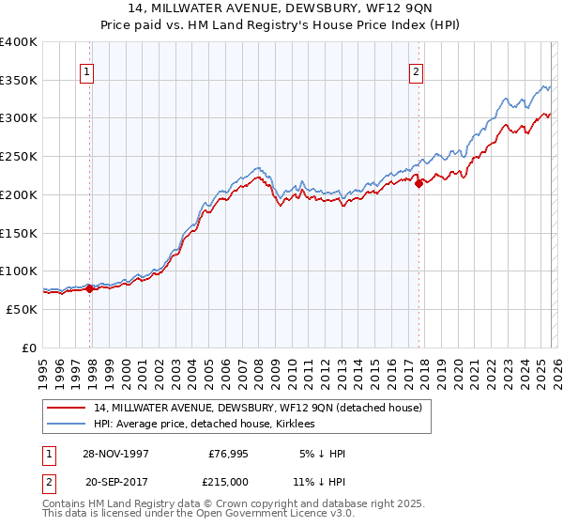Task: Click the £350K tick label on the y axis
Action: pos(19,81)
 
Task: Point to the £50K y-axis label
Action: pos(22,309)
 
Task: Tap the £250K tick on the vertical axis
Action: pos(19,157)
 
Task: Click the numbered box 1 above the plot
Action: pos(86,70)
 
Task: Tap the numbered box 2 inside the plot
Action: pos(415,70)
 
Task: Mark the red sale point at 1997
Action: pos(90,289)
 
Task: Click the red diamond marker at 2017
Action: pos(418,183)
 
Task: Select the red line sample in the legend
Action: pos(67,409)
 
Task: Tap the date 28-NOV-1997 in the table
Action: pos(115,454)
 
